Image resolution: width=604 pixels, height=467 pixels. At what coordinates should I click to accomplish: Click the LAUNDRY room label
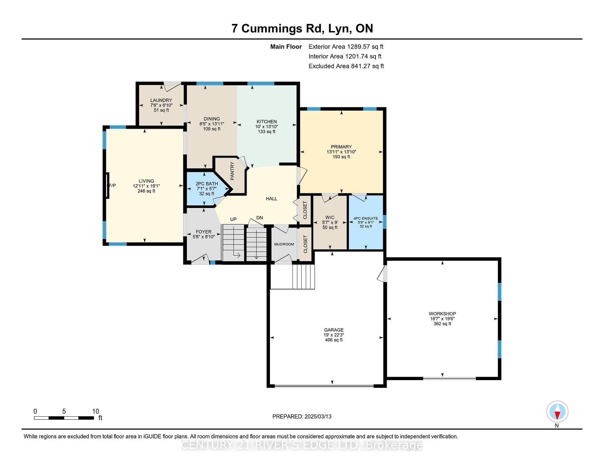click(161, 100)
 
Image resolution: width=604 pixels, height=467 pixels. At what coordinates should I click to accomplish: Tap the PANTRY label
click(232, 171)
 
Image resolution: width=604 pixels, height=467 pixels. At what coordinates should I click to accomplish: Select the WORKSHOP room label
click(442, 314)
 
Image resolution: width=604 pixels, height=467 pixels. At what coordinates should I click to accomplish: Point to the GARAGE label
click(334, 330)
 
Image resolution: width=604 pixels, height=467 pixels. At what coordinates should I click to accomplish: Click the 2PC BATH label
click(207, 184)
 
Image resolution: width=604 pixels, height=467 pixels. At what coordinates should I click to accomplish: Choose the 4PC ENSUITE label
click(366, 218)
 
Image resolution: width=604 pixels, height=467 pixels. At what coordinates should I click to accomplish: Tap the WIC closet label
click(330, 217)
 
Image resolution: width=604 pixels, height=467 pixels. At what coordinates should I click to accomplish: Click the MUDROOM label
click(284, 244)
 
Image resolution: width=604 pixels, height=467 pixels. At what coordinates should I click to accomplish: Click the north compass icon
click(557, 412)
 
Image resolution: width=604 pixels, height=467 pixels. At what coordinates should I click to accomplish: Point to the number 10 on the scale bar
click(96, 411)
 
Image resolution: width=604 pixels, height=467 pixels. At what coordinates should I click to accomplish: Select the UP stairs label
click(233, 219)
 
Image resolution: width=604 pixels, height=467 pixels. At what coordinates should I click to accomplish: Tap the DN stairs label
click(260, 218)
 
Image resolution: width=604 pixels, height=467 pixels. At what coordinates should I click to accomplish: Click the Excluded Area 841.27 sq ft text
click(346, 66)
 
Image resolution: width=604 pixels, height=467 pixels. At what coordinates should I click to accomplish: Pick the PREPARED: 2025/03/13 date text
click(302, 417)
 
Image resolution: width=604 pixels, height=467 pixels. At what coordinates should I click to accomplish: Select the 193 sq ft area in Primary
click(341, 157)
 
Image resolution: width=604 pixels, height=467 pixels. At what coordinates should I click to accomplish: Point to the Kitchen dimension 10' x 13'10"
click(266, 127)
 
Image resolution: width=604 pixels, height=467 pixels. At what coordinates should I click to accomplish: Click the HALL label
click(271, 199)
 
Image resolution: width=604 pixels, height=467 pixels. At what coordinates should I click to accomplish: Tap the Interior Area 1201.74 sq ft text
click(345, 56)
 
